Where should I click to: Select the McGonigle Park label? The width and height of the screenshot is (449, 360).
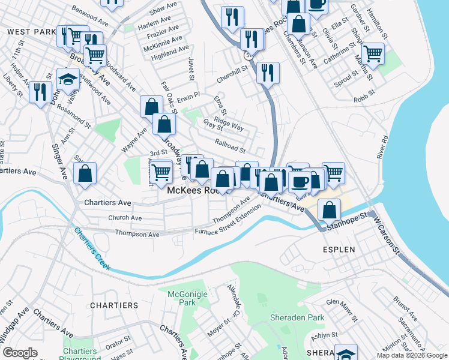[x=179, y=298]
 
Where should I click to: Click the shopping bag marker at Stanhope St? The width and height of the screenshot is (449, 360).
[x=329, y=209]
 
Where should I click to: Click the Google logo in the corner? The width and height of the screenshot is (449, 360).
[x=20, y=353]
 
